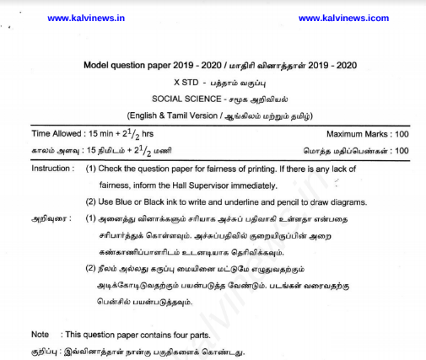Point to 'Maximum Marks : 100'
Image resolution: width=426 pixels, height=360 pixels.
(368, 134)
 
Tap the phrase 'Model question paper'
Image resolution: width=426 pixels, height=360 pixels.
(126, 66)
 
